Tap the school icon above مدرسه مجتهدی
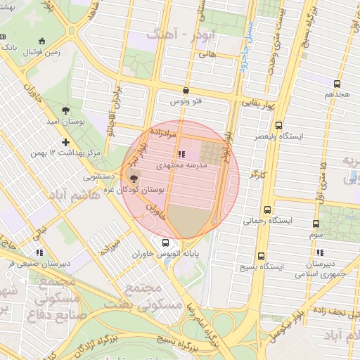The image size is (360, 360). pos(182,153)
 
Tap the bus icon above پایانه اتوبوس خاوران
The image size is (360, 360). pos(165,243)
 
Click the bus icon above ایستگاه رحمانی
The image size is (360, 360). pos(267,210)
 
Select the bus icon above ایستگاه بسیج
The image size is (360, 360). pos(261,257)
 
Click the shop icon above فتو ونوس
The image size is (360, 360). pos(186,90)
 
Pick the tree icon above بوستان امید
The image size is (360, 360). pos(65,110)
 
